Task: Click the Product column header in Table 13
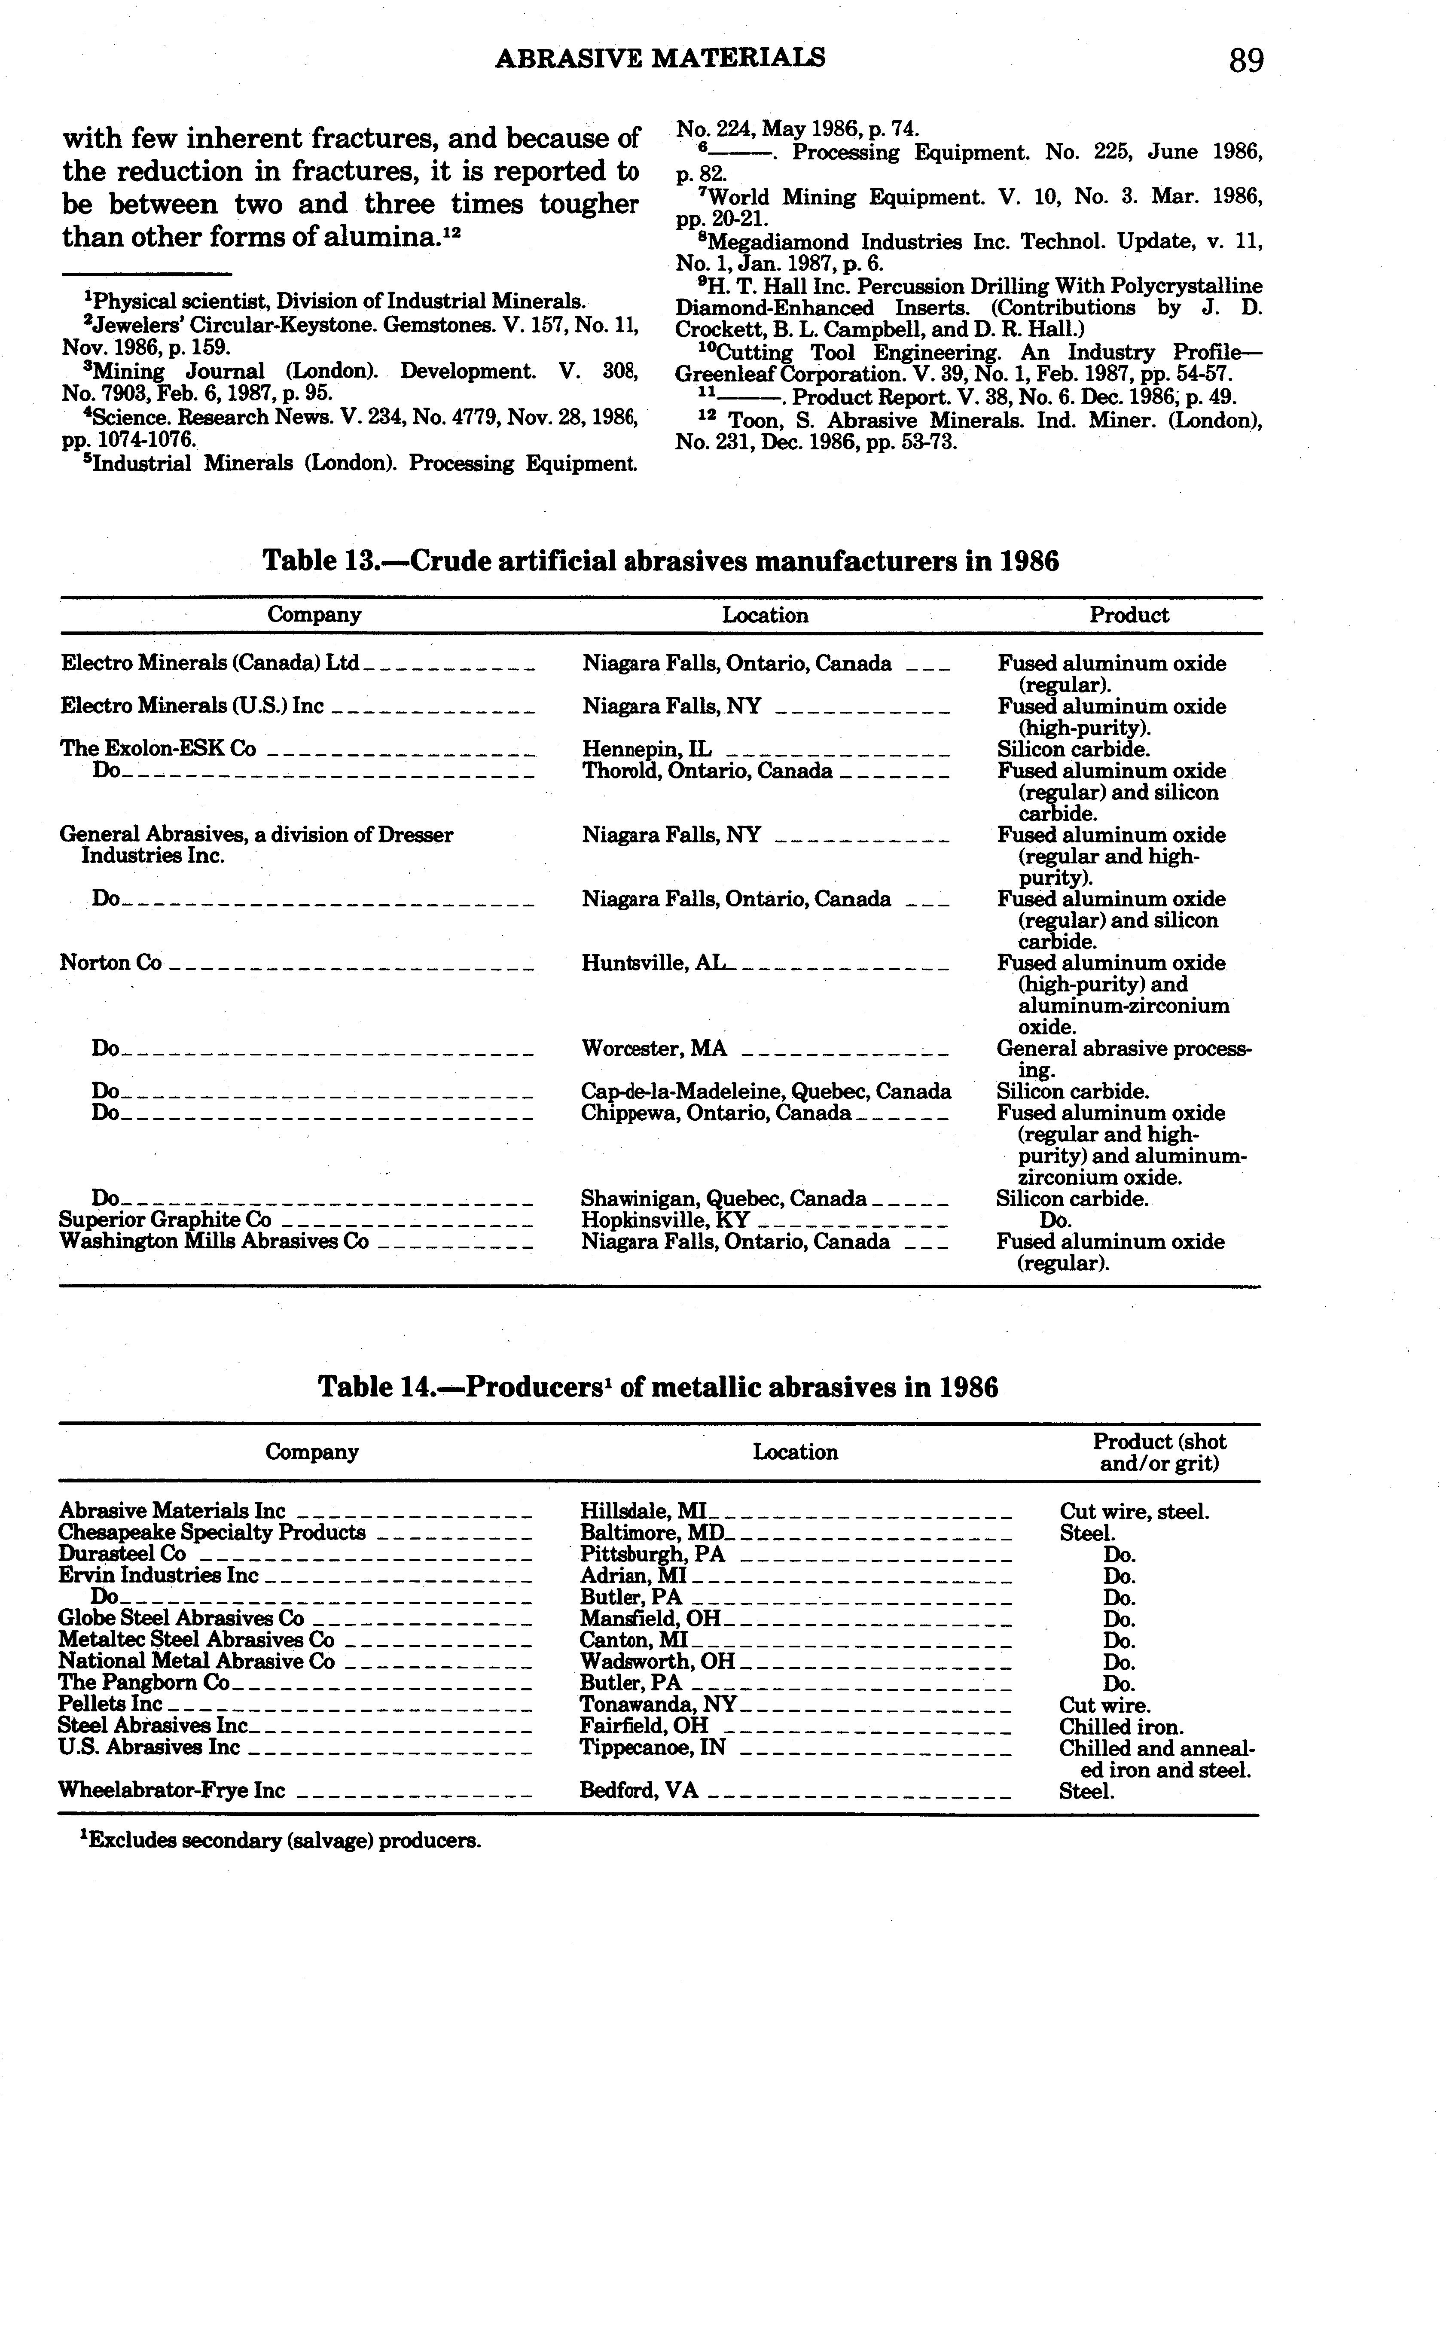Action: pyautogui.click(x=1129, y=615)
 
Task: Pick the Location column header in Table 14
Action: pyautogui.click(x=795, y=1452)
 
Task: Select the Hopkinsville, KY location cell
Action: pyautogui.click(x=665, y=1220)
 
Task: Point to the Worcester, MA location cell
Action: pyautogui.click(x=654, y=1048)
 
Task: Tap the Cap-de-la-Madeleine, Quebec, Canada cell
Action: pyautogui.click(x=766, y=1091)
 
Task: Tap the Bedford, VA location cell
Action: pyautogui.click(x=639, y=1790)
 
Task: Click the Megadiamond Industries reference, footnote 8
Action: pyautogui.click(x=968, y=253)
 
